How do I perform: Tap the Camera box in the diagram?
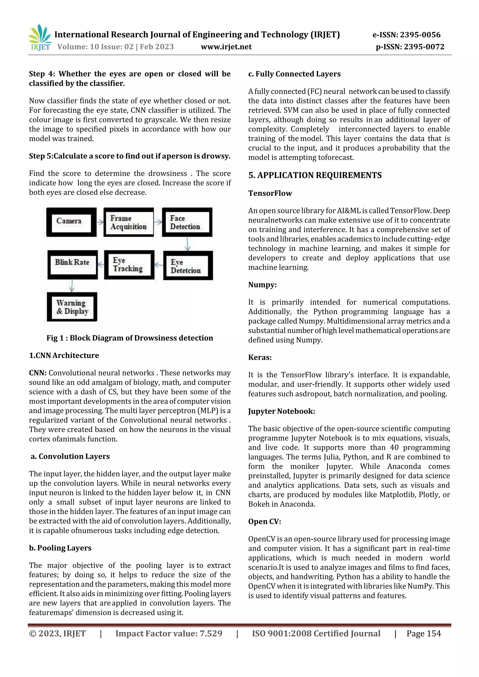[71, 222]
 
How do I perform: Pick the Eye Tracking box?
[129, 265]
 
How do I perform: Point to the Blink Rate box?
[73, 265]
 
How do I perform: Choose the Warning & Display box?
[72, 307]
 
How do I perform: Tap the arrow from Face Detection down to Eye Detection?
[187, 244]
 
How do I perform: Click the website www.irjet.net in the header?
[226, 47]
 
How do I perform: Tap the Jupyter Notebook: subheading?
[281, 411]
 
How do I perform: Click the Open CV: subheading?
[265, 521]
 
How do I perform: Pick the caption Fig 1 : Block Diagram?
[130, 338]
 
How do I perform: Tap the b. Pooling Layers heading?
[60, 548]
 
